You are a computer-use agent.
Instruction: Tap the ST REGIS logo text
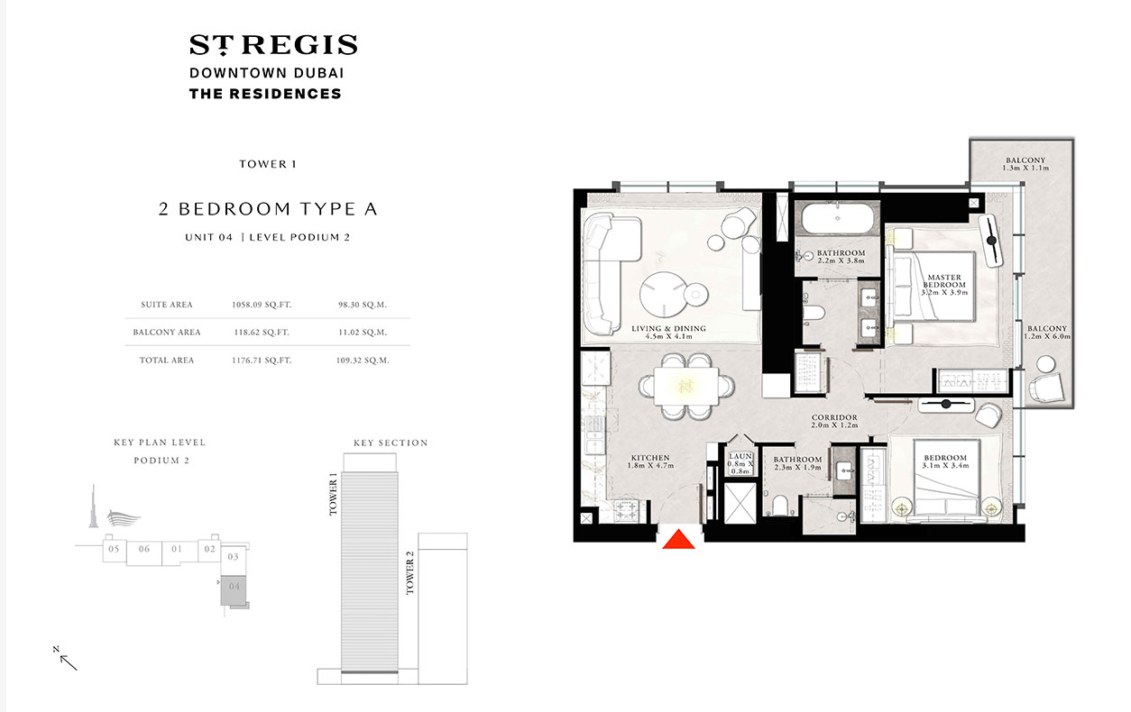273,45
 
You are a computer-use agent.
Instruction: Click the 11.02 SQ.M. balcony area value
355,332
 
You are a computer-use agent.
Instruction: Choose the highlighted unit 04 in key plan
234,588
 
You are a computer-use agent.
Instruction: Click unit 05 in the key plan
114,549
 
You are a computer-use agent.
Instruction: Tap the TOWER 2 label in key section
411,577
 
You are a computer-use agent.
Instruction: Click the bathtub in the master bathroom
835,219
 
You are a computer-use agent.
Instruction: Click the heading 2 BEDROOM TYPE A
268,209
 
